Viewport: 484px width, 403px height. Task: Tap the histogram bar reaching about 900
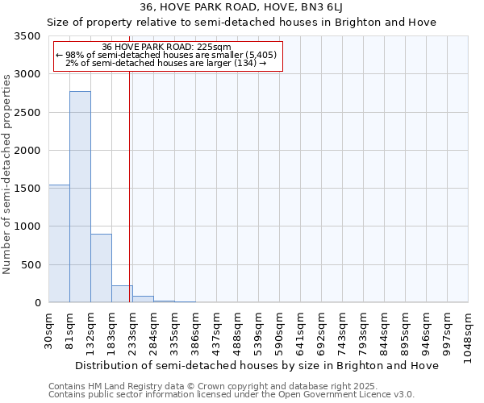[x=101, y=268]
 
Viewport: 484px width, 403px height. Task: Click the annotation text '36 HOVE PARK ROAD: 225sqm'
[x=168, y=48]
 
